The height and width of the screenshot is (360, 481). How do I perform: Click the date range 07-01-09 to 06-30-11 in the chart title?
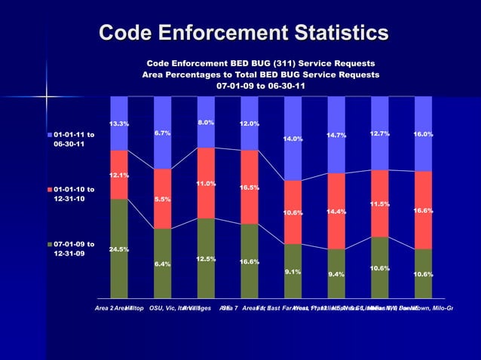(261, 86)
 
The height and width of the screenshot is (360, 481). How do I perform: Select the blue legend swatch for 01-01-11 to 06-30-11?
(51, 135)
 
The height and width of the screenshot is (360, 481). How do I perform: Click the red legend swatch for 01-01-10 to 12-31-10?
(51, 189)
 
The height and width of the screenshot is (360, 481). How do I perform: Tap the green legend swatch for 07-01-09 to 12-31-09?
(51, 244)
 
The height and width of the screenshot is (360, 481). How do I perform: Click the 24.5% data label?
(119, 249)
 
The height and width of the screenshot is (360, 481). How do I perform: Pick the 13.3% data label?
(119, 124)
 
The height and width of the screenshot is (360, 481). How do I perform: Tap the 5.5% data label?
(162, 200)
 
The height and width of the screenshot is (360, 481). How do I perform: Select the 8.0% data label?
(206, 122)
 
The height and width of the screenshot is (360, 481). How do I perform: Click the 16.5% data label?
(250, 188)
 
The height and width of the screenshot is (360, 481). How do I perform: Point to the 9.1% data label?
(293, 272)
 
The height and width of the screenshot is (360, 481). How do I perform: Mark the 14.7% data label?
(336, 136)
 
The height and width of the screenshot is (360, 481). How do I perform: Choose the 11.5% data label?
(379, 204)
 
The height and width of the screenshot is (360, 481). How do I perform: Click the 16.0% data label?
(423, 134)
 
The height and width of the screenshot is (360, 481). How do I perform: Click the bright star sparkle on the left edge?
(44, 96)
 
